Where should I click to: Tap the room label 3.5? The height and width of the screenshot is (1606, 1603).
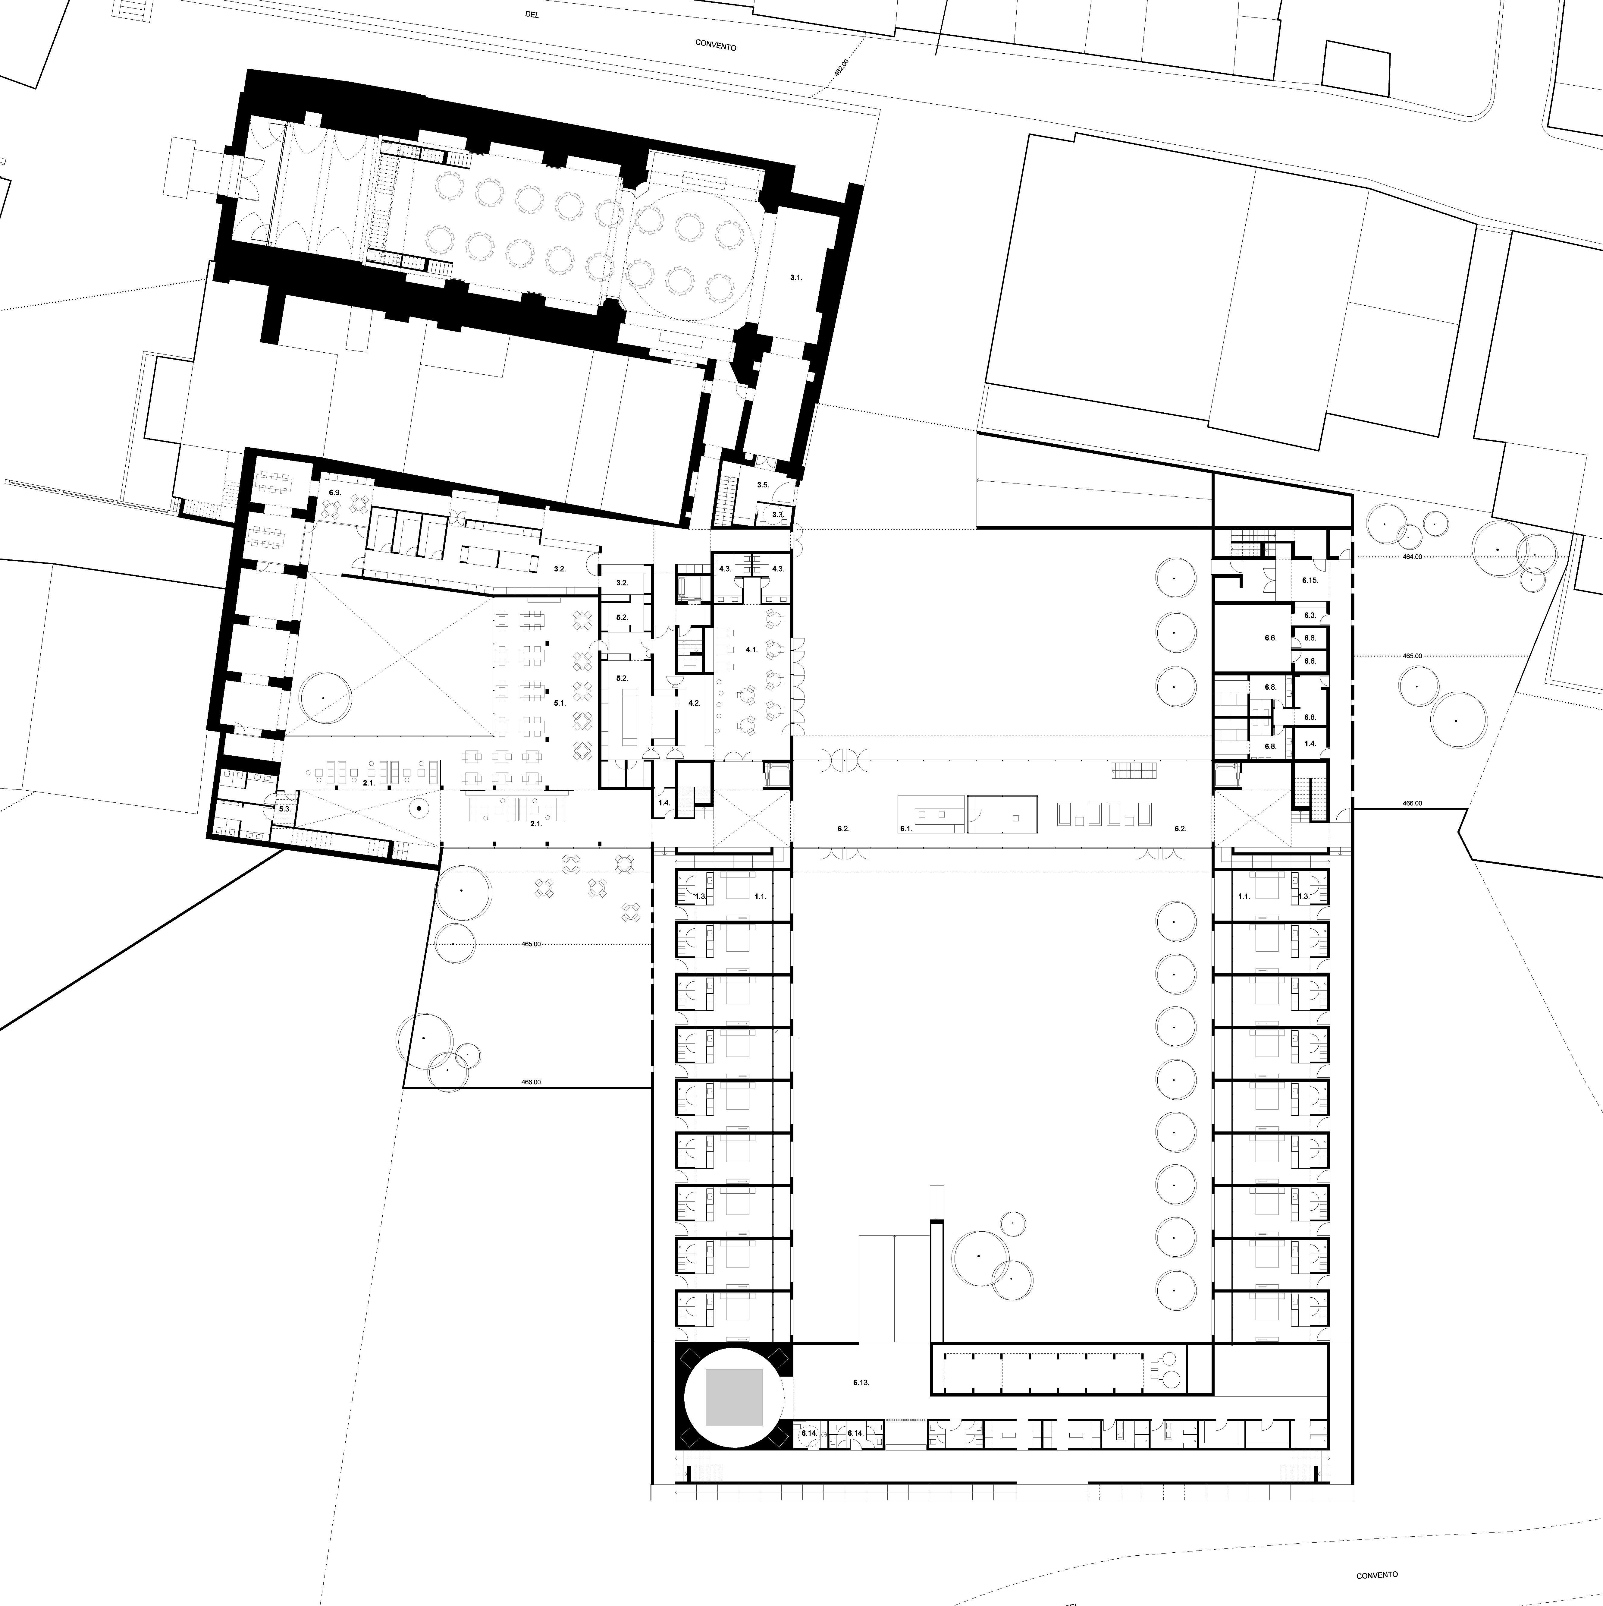pyautogui.click(x=763, y=485)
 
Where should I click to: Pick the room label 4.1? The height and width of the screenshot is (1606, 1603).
pyautogui.click(x=751, y=649)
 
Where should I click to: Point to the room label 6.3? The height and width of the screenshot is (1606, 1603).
pyautogui.click(x=1310, y=615)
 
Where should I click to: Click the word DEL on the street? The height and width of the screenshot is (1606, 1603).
pyautogui.click(x=533, y=14)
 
